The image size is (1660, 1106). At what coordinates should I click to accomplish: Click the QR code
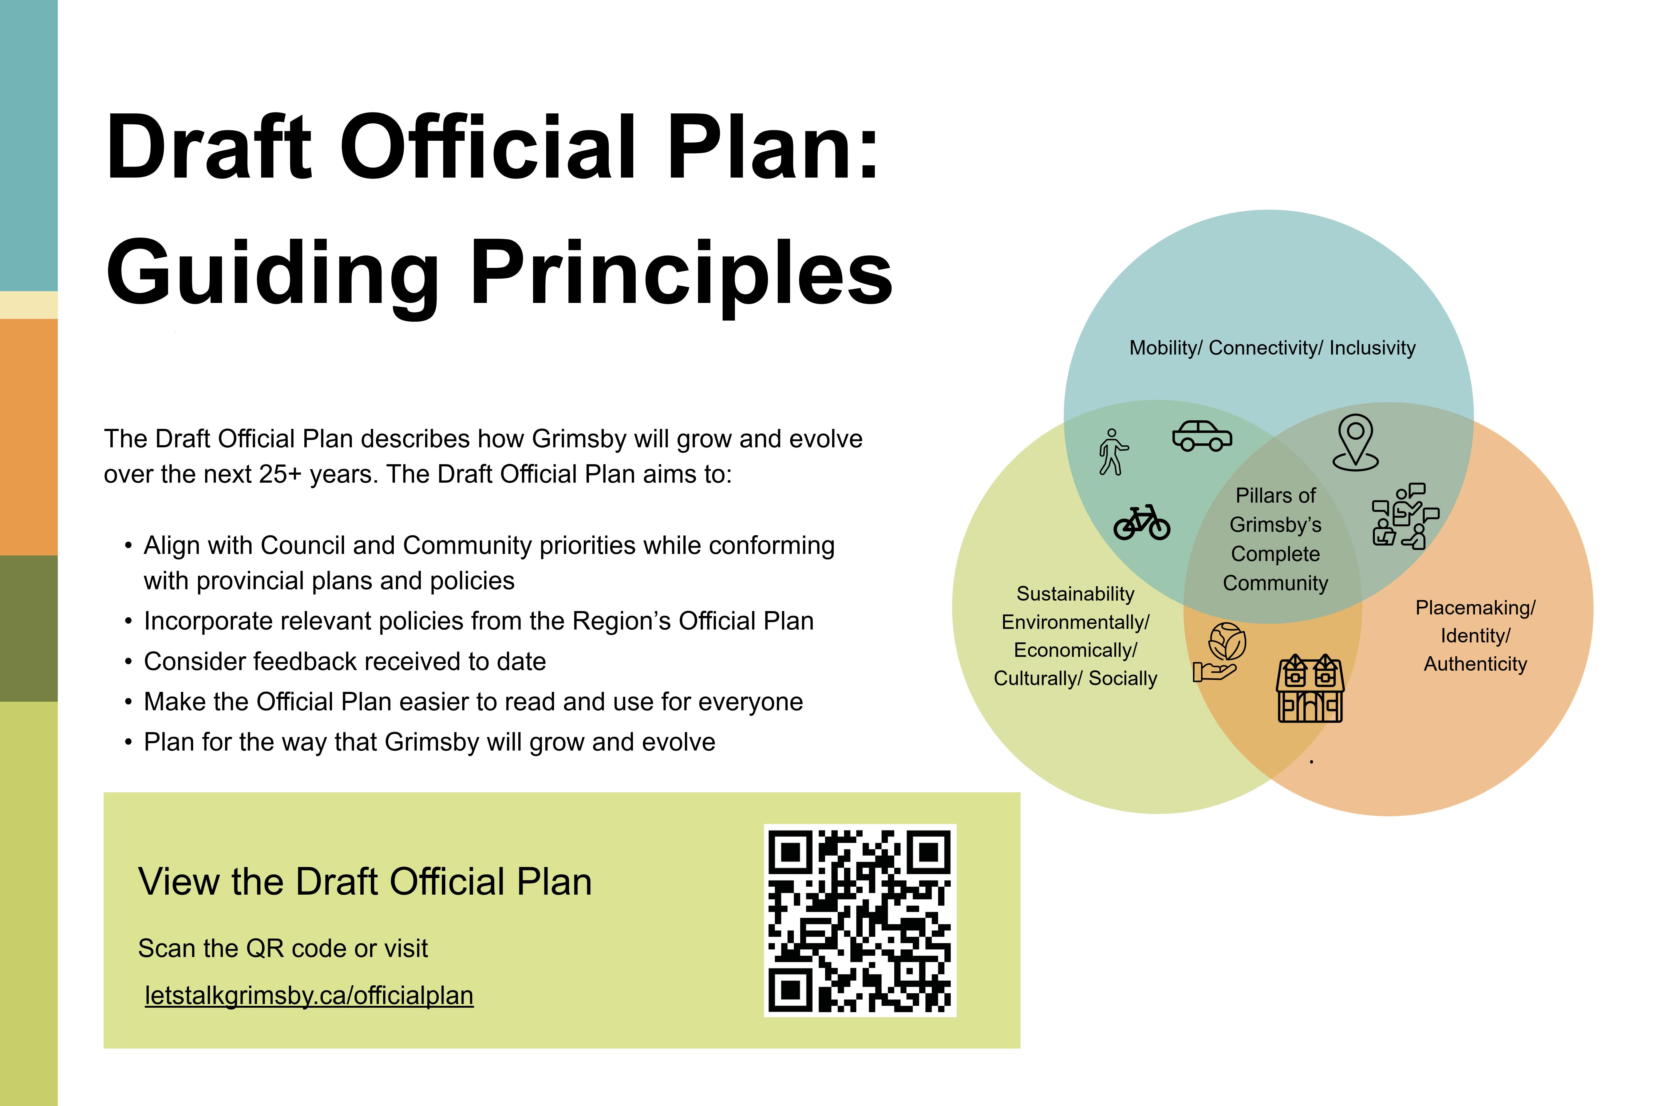tap(860, 920)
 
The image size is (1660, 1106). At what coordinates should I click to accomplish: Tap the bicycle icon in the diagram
tap(1141, 523)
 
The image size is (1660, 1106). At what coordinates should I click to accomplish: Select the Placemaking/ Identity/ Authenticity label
tap(1475, 636)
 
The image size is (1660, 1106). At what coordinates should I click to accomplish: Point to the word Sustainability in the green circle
tap(1075, 594)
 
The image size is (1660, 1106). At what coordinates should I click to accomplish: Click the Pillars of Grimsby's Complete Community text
tap(1275, 539)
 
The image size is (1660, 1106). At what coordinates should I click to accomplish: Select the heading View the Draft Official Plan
tap(365, 882)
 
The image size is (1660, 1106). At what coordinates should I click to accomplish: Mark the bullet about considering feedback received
tap(344, 662)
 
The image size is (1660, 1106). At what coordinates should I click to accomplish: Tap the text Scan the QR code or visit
tap(283, 949)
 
